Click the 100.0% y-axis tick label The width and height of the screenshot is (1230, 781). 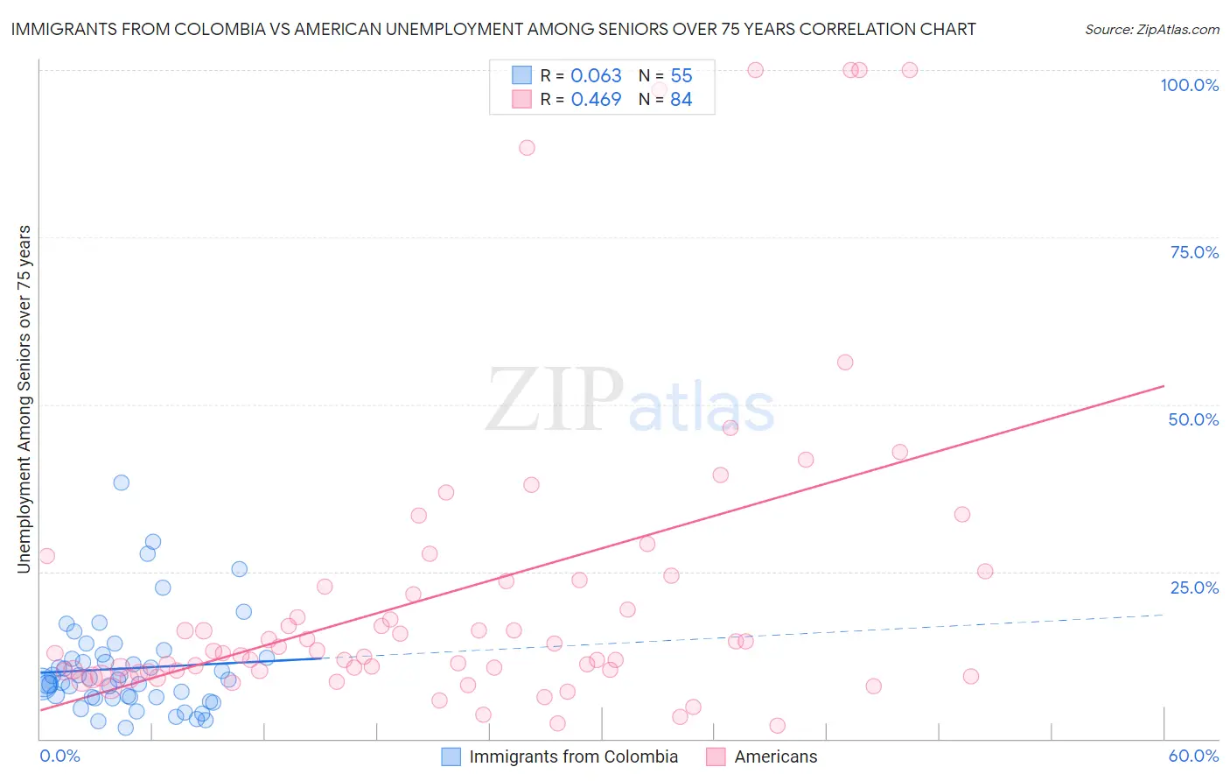[1189, 85]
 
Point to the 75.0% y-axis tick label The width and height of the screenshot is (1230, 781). [1194, 252]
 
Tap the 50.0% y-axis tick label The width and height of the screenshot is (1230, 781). [1193, 419]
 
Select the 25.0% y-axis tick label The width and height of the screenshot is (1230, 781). [1194, 588]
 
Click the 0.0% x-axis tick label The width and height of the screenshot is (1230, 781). [59, 756]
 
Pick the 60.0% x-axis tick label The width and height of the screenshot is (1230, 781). [1193, 756]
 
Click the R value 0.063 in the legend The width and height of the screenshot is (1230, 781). [596, 76]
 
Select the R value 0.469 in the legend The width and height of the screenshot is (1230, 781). [596, 100]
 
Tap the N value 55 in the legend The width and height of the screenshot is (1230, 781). [681, 76]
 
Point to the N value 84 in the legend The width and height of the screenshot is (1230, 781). [681, 100]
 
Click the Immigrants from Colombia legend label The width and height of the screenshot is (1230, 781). [573, 756]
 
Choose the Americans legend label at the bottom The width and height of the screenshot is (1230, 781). [775, 756]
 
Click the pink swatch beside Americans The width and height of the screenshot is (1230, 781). [716, 756]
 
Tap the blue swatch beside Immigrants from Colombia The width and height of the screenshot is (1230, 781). [451, 756]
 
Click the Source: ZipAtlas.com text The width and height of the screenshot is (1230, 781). [1151, 30]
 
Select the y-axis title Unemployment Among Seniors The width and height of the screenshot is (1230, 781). [24, 398]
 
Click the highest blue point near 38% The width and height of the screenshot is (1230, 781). [122, 482]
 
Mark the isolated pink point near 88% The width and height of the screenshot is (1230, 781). [527, 148]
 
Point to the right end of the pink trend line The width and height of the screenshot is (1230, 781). [1164, 386]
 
